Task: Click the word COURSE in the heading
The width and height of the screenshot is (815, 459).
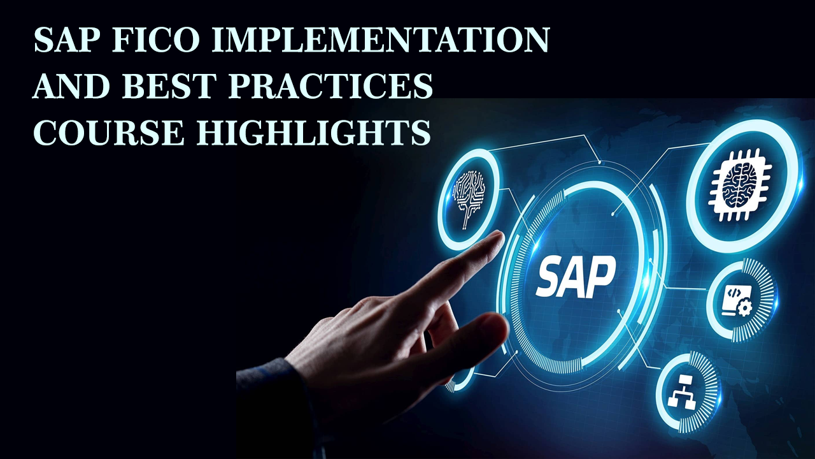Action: point(108,133)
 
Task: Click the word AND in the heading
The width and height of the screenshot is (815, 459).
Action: point(72,86)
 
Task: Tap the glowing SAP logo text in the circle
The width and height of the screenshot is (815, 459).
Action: point(576,277)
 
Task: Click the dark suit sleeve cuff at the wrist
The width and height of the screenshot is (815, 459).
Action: point(276,397)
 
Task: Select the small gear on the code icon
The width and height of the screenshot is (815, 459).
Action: point(744,308)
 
